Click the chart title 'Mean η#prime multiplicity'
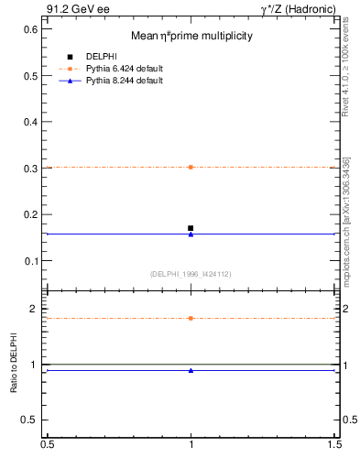(191, 36)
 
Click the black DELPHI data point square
(191, 228)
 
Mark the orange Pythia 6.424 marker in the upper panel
(191, 167)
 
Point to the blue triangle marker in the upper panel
(191, 234)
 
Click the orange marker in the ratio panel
(191, 318)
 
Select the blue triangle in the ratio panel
(191, 370)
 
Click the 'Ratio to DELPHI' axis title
(14, 365)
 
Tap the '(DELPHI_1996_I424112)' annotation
(191, 274)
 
